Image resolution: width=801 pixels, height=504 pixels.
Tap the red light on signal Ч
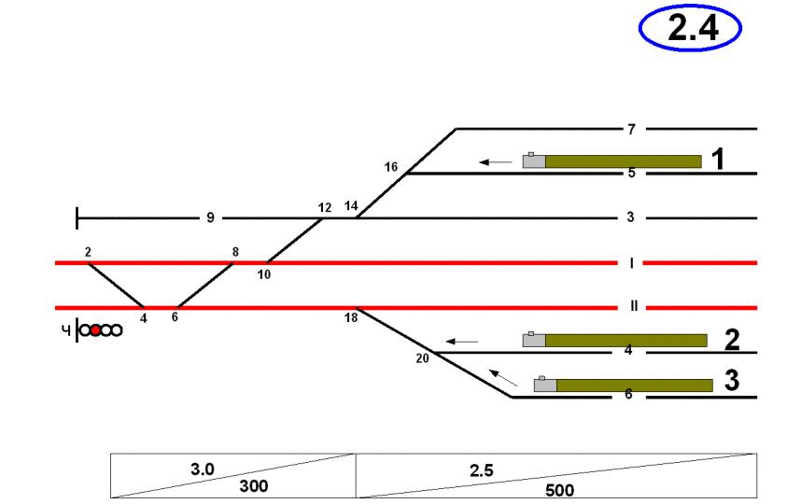pyautogui.click(x=95, y=329)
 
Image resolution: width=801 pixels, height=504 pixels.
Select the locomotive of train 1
pyautogui.click(x=534, y=161)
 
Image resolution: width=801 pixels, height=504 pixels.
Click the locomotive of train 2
pyautogui.click(x=533, y=340)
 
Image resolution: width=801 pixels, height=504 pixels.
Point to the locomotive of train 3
pyautogui.click(x=545, y=385)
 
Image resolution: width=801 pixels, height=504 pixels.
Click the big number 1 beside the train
pyautogui.click(x=717, y=161)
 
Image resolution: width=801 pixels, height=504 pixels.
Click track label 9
pyautogui.click(x=210, y=218)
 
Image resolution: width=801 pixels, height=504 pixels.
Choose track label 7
pyautogui.click(x=630, y=128)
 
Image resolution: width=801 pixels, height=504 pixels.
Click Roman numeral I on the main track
pyautogui.click(x=631, y=263)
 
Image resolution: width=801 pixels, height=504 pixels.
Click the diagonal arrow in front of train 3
pyautogui.click(x=503, y=377)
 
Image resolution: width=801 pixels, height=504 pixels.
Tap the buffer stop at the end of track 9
pyautogui.click(x=77, y=218)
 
